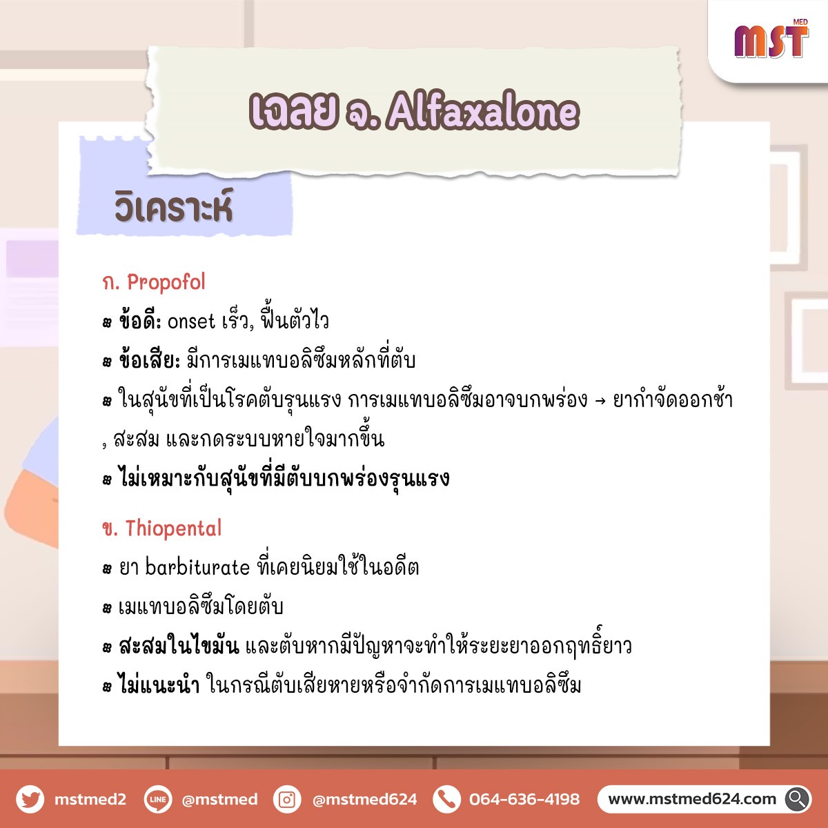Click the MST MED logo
click(x=771, y=39)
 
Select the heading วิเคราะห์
click(x=174, y=208)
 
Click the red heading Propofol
click(x=166, y=282)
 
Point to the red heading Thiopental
click(x=173, y=528)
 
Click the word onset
click(x=190, y=322)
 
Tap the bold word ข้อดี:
click(x=140, y=321)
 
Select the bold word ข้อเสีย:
click(x=150, y=360)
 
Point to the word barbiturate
click(x=197, y=567)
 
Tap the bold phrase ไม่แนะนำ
click(x=159, y=685)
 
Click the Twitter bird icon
click(x=30, y=799)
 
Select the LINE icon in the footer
click(x=158, y=799)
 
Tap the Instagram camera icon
click(x=287, y=799)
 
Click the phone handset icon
click(x=447, y=799)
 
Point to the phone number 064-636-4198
click(x=524, y=799)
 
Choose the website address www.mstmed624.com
click(x=692, y=799)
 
